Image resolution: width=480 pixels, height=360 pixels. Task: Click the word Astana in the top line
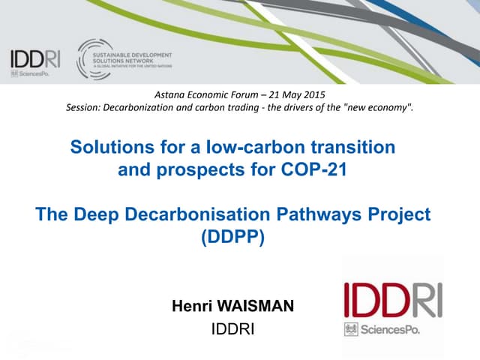[169, 94]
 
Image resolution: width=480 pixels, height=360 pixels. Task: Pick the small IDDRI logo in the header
[34, 58]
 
